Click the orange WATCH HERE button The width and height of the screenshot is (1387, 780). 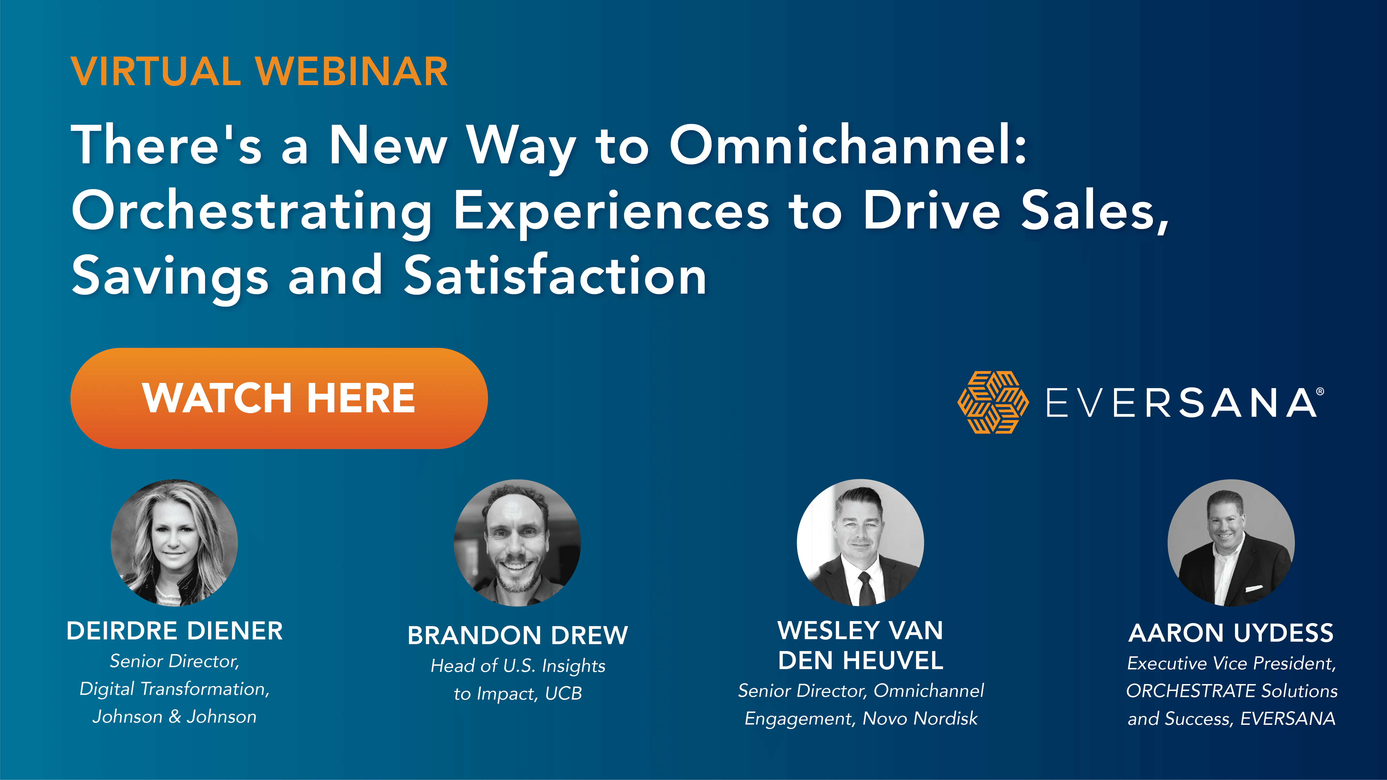(279, 398)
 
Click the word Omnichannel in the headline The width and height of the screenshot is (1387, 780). (848, 145)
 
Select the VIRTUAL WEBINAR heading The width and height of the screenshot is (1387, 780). (259, 72)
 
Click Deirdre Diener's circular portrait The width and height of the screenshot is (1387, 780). (174, 543)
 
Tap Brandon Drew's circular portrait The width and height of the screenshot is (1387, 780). (517, 543)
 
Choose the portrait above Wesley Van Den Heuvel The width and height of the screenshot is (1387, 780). (860, 543)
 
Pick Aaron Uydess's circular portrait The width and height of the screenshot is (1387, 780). (1231, 543)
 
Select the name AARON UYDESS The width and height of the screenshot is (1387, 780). (1231, 633)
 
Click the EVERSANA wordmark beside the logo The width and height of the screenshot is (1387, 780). (1182, 403)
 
